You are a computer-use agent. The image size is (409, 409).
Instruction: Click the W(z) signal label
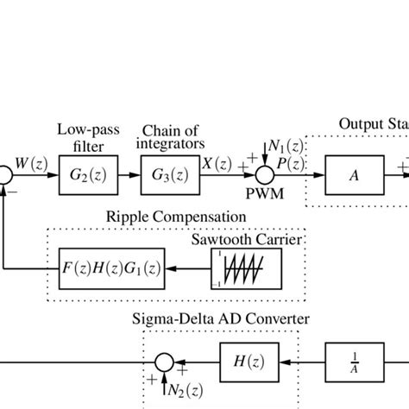(30, 161)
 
